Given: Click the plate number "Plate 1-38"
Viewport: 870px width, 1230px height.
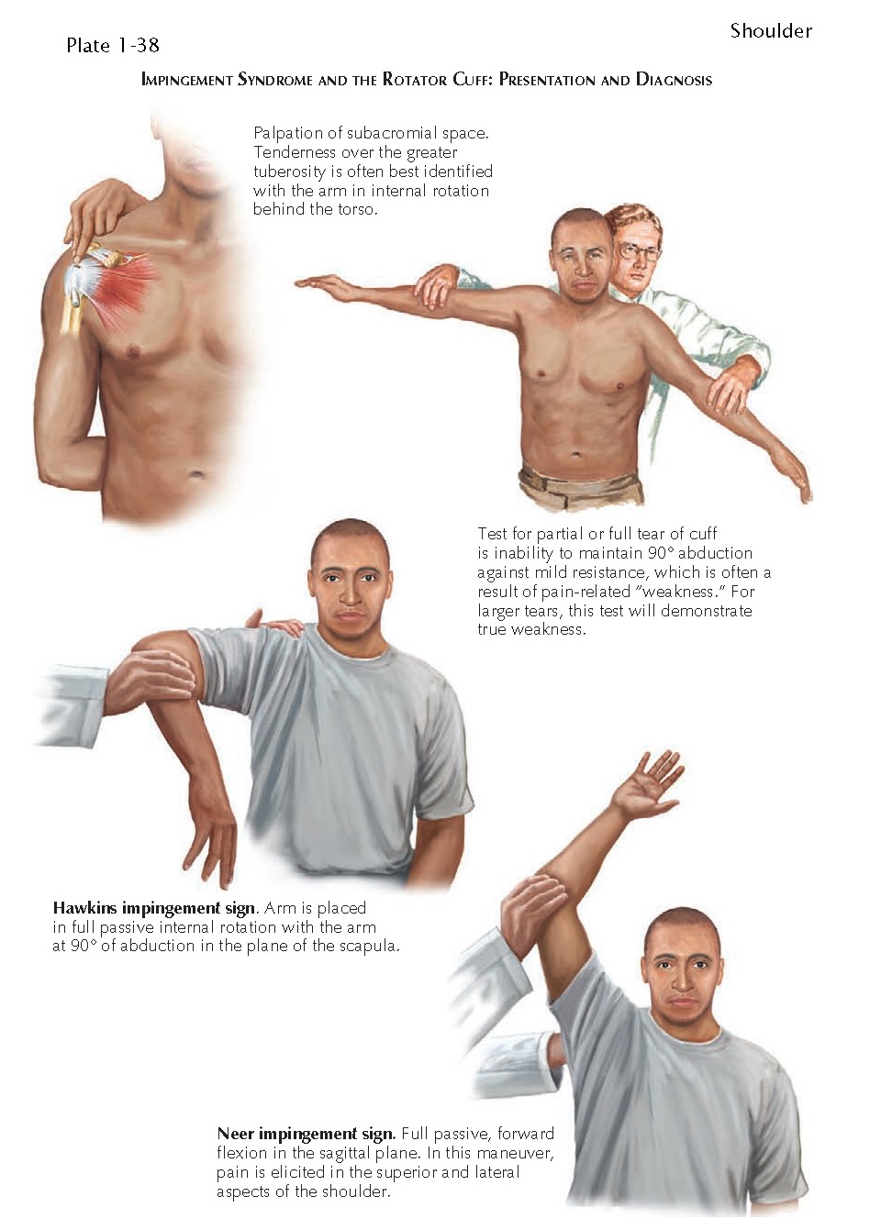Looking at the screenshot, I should point(113,46).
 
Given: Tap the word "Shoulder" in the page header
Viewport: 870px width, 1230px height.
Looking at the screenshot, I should point(771,31).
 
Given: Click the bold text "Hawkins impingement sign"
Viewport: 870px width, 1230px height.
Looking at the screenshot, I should point(153,908).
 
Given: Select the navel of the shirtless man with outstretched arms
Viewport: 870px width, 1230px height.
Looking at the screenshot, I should point(576,453).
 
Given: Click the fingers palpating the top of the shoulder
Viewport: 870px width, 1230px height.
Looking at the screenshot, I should point(95,220).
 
